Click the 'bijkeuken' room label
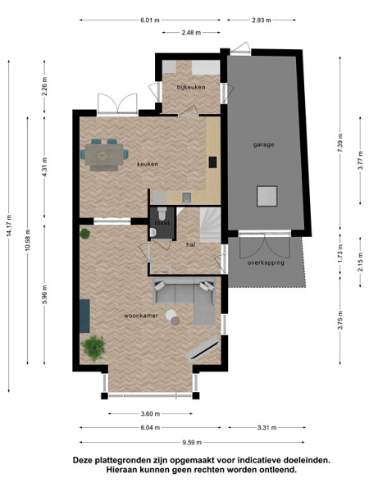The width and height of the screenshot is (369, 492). (x=191, y=87)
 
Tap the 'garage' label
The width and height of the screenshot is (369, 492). (x=263, y=144)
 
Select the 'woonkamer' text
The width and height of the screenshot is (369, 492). (x=141, y=316)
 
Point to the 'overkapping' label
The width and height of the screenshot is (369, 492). (x=266, y=263)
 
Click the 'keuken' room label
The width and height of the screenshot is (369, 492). (x=148, y=164)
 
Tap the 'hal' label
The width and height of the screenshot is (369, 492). (x=191, y=244)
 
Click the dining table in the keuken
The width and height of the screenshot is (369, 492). (x=104, y=155)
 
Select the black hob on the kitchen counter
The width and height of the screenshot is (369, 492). (x=212, y=162)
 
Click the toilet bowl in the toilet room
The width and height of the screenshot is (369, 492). (x=162, y=213)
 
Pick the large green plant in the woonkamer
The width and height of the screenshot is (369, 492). (x=93, y=347)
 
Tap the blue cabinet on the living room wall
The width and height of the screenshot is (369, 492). (x=84, y=316)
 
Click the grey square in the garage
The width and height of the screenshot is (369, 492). (x=267, y=196)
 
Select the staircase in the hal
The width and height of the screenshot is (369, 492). (x=210, y=225)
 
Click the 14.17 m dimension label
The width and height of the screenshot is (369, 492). (x=8, y=225)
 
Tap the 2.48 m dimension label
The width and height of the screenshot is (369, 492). (x=191, y=32)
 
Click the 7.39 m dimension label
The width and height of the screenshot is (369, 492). (x=340, y=143)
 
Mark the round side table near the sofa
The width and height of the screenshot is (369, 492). (x=171, y=315)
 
